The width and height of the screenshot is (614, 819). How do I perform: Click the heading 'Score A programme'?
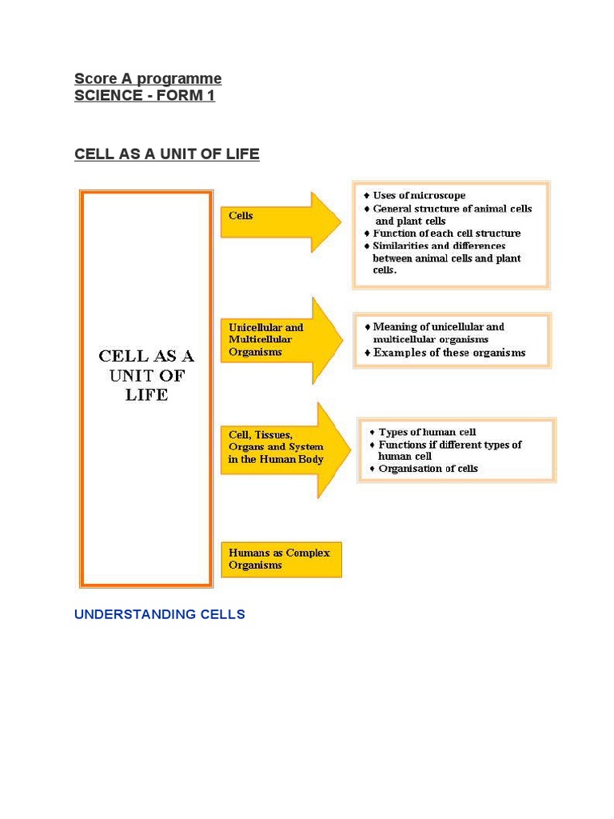tap(148, 78)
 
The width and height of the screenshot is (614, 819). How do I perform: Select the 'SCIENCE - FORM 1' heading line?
tap(145, 96)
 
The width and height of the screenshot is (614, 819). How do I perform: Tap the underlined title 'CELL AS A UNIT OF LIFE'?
tap(167, 154)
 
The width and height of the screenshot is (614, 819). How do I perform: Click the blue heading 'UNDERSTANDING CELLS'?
tap(160, 614)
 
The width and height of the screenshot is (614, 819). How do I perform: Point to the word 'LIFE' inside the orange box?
tap(147, 395)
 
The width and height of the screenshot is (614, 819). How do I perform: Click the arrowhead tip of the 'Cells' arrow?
tap(341, 222)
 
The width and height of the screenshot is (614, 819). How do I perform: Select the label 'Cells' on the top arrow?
tap(241, 215)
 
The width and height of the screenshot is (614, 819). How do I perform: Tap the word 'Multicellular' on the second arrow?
tap(260, 339)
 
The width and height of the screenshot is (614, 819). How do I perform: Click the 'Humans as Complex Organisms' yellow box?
tap(281, 559)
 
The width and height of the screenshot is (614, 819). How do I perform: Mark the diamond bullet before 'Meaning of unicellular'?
tap(368, 327)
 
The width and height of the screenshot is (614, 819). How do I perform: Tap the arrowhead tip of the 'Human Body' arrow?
tap(352, 449)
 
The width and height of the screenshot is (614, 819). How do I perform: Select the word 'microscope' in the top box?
tap(438, 195)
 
